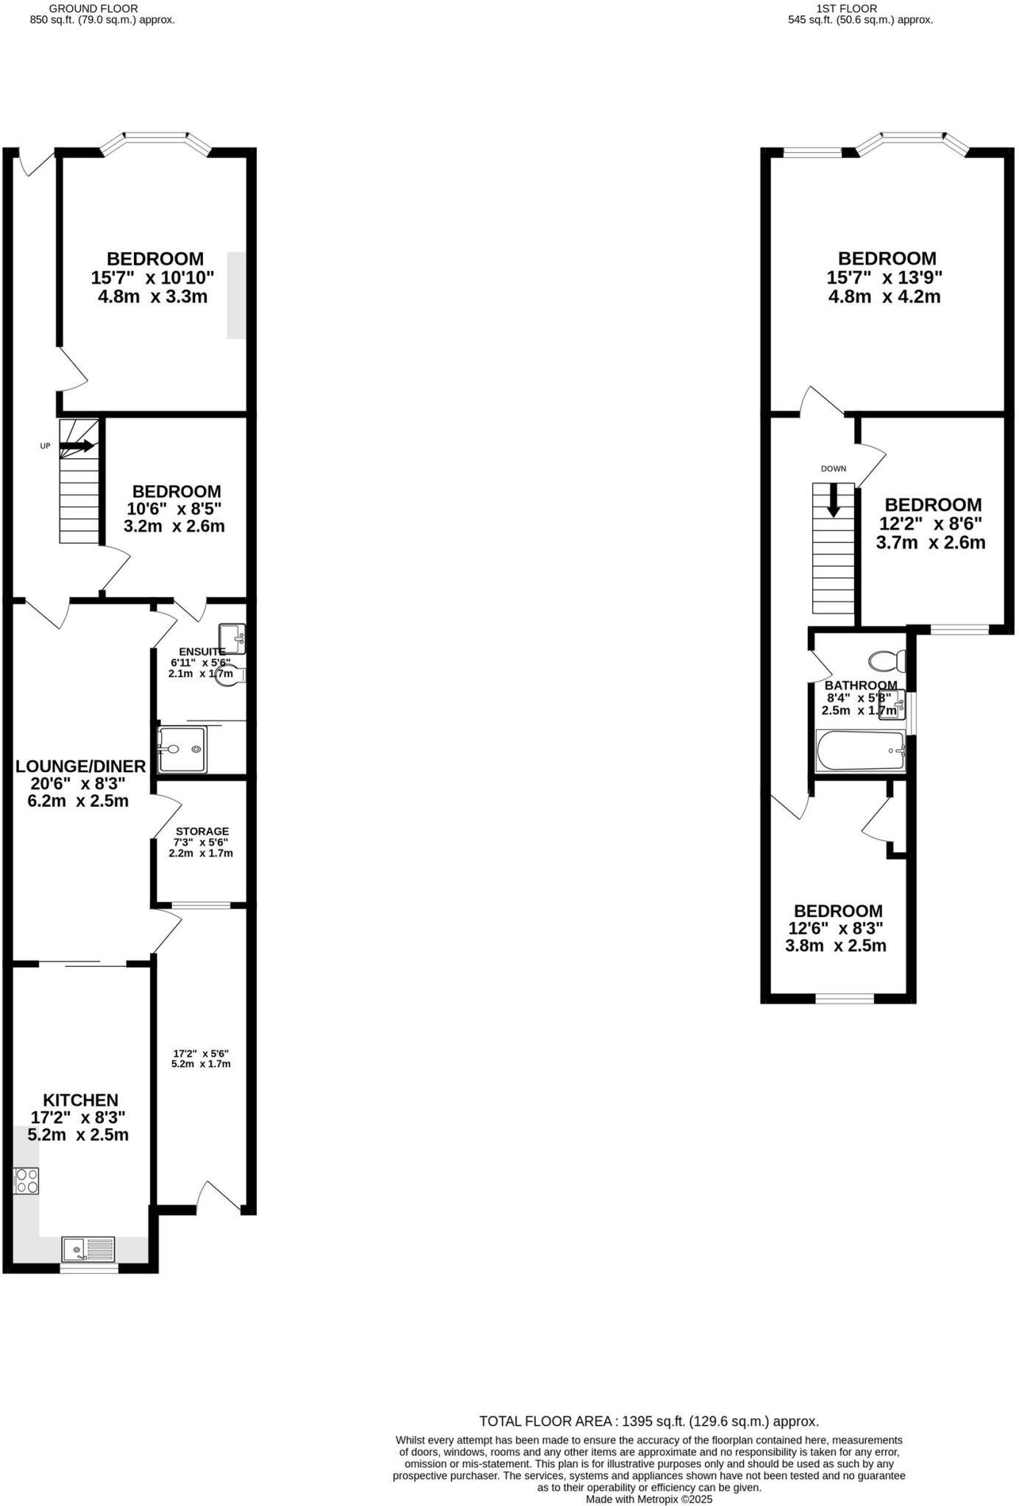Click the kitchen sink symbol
click(x=89, y=1249)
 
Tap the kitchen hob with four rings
click(x=26, y=1181)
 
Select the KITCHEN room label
click(x=80, y=1100)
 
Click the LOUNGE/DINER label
click(x=81, y=766)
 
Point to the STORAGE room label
click(x=202, y=831)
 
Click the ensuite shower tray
click(x=182, y=749)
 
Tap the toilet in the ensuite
click(x=231, y=674)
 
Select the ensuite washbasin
click(x=232, y=638)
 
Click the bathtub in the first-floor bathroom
click(x=860, y=750)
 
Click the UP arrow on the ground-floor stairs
click(x=77, y=446)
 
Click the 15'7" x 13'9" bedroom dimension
click(x=884, y=277)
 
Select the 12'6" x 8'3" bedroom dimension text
click(x=836, y=928)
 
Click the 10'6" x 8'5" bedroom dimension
click(x=174, y=508)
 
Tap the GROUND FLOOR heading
click(x=93, y=8)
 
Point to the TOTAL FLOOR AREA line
click(x=649, y=1421)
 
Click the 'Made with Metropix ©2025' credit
click(x=649, y=1499)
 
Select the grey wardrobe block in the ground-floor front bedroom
click(x=236, y=295)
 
